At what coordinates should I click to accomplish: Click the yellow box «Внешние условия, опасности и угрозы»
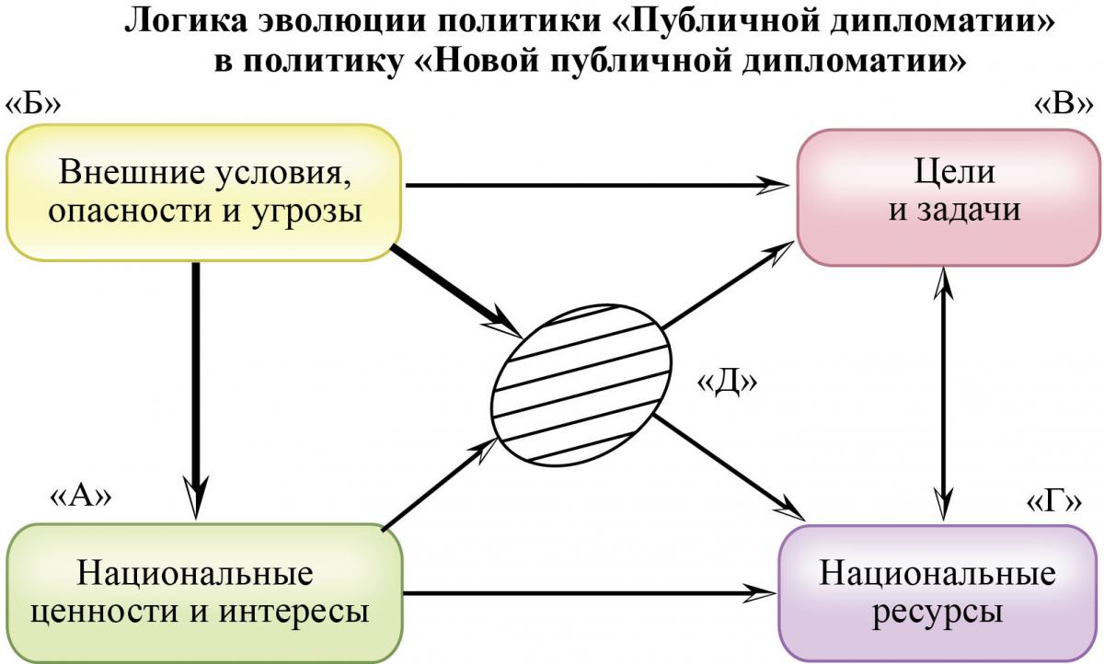[x=204, y=192]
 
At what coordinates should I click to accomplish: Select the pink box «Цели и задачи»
[x=949, y=198]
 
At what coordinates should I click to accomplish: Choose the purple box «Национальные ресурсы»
[x=940, y=593]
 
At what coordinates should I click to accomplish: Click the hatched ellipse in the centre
[x=581, y=385]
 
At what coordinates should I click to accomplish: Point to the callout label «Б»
[x=32, y=105]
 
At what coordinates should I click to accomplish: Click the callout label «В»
[x=1064, y=105]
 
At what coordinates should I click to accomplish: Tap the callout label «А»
[x=81, y=497]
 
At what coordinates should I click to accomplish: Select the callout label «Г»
[x=1053, y=503]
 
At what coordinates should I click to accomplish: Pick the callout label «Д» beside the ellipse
[x=727, y=383]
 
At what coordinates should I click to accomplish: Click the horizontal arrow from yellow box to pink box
[x=597, y=185]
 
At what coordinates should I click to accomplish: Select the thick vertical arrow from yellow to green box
[x=196, y=390]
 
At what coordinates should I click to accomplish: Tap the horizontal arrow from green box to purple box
[x=590, y=593]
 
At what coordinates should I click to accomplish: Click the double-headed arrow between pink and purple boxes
[x=943, y=394]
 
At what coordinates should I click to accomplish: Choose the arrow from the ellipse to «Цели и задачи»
[x=728, y=285]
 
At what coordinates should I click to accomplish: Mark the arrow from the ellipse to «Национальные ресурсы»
[x=730, y=467]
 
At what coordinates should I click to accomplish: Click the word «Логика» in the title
[x=186, y=22]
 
